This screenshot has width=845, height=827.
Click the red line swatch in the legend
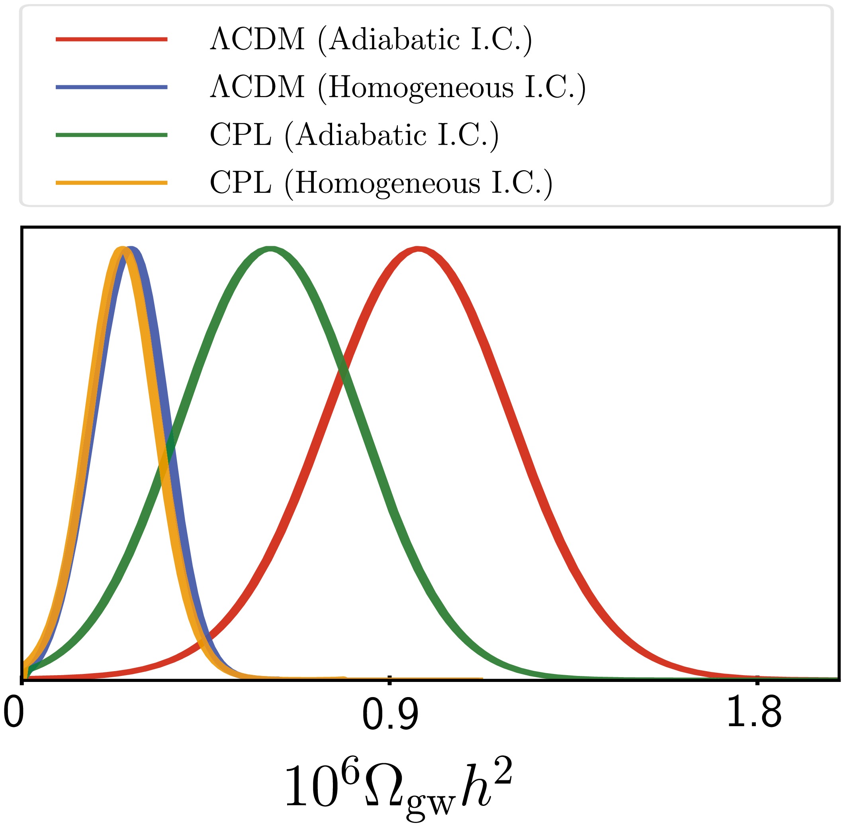(x=111, y=39)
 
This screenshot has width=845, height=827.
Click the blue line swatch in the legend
(x=111, y=87)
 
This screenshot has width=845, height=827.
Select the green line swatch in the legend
(x=111, y=135)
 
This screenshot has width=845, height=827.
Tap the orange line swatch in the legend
(x=111, y=183)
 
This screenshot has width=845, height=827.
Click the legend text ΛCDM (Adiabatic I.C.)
(x=371, y=40)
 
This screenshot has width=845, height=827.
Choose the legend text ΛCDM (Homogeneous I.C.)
(x=398, y=88)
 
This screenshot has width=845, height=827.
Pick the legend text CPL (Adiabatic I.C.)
(x=354, y=136)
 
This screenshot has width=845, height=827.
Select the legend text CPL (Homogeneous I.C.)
(x=381, y=184)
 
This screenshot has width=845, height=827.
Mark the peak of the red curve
(x=417, y=249)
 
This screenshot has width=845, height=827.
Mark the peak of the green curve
(x=270, y=249)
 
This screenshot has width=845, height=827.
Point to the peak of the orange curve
(x=122, y=249)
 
